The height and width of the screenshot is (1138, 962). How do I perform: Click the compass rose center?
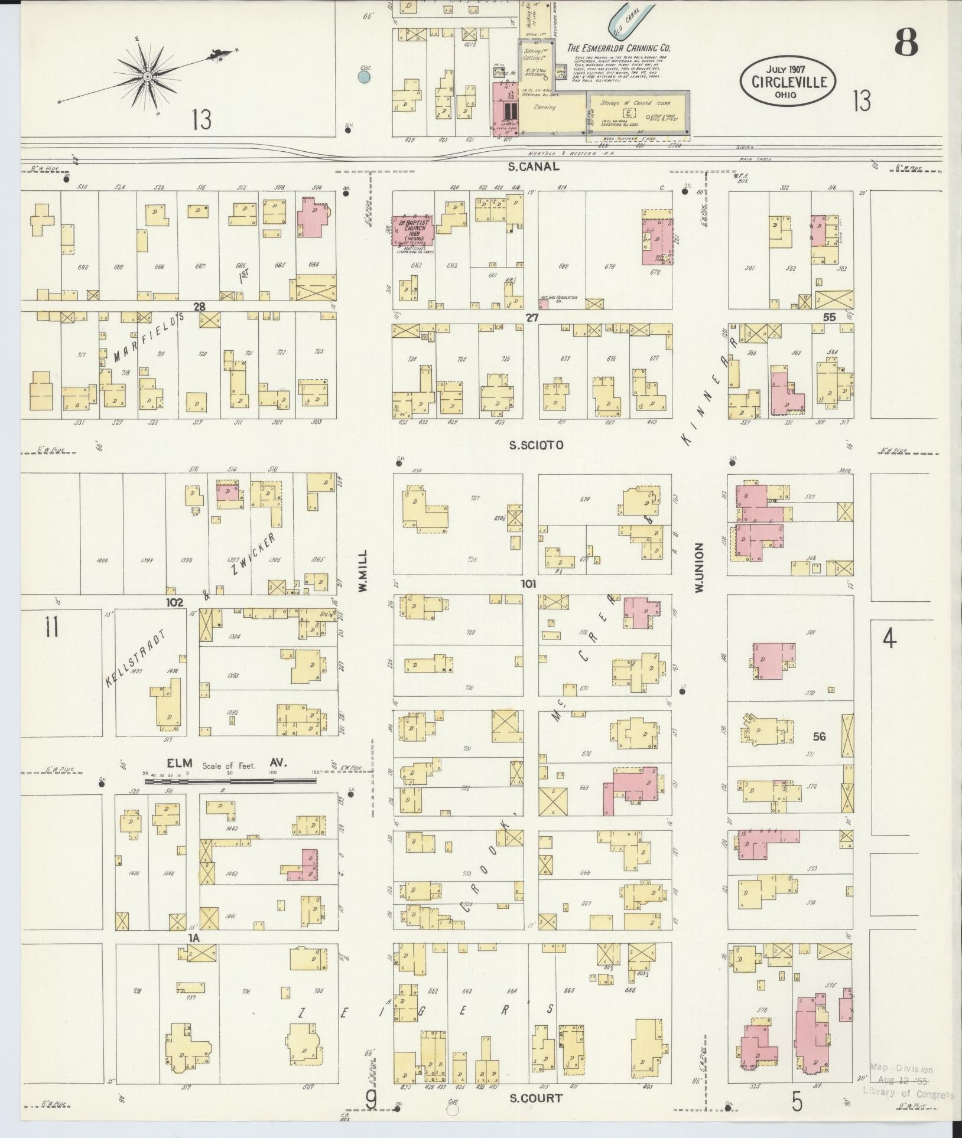(147, 76)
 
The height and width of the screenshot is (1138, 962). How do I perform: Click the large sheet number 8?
(906, 42)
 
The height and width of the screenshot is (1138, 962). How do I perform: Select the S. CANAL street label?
(534, 167)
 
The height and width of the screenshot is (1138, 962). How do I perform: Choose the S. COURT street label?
(536, 1098)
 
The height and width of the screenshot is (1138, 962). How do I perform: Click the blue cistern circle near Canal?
(365, 76)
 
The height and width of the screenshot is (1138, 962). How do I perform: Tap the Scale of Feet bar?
(230, 781)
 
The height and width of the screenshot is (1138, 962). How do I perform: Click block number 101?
(528, 585)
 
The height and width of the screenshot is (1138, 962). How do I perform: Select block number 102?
(174, 602)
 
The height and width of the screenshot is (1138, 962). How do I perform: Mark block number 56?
(819, 736)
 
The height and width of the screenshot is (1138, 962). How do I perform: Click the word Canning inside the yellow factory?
(544, 107)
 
